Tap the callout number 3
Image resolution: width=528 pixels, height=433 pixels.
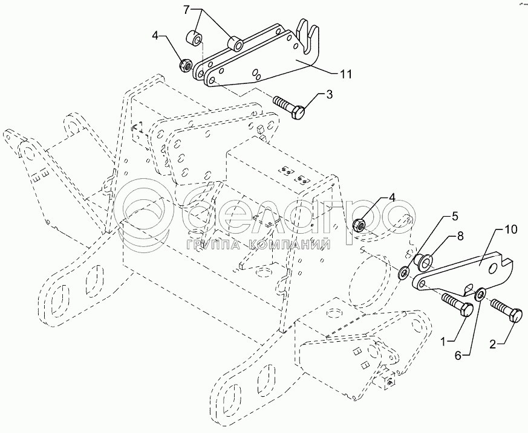329,94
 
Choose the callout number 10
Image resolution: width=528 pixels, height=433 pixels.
510,229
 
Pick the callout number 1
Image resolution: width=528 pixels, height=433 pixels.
443,342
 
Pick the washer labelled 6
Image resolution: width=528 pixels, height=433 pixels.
480,294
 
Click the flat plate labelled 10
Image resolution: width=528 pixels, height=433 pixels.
466,272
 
